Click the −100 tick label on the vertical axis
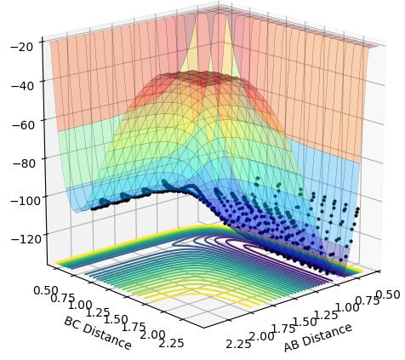26,201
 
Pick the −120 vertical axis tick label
26,239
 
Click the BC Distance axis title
98,333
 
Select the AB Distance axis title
317,338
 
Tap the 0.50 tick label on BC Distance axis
46,291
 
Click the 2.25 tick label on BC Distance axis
171,343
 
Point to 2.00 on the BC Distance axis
153,334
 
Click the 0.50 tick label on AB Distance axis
388,294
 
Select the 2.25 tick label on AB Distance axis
238,344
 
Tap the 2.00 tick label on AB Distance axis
261,336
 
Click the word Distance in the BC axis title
107,337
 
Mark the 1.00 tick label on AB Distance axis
347,308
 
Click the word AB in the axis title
292,346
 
